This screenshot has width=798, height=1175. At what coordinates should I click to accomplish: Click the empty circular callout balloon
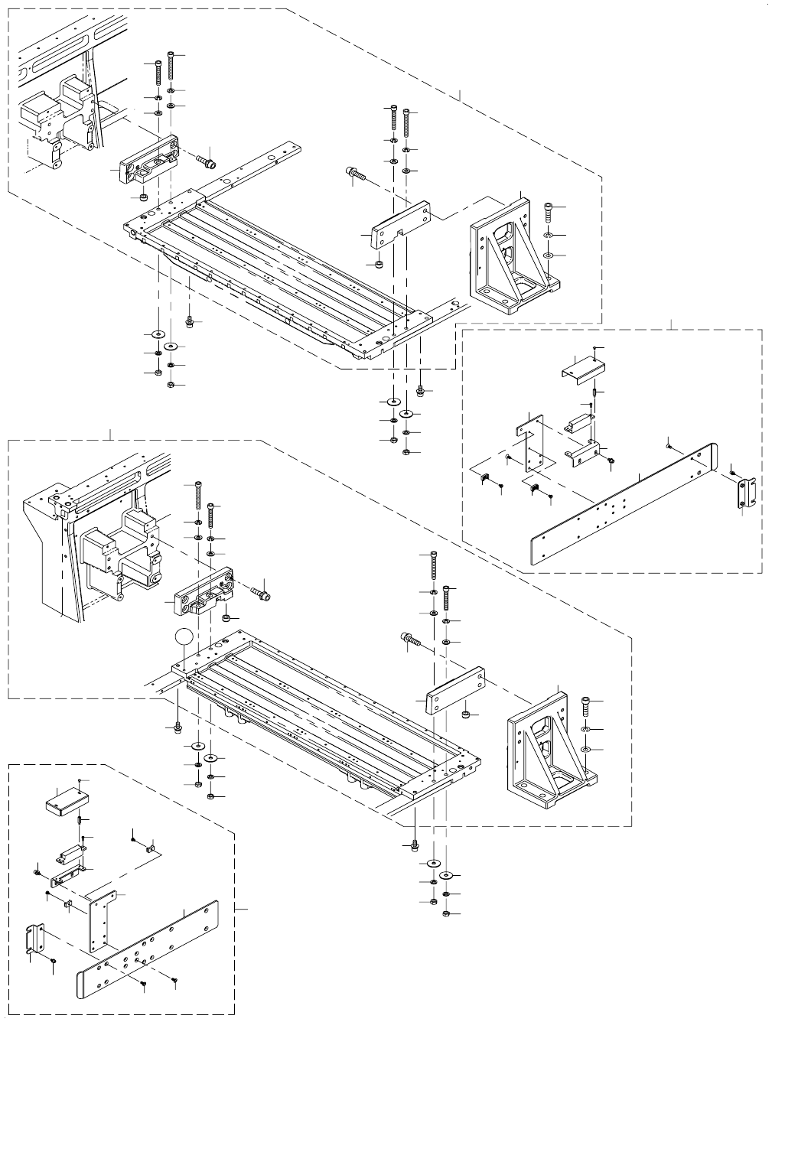coord(183,637)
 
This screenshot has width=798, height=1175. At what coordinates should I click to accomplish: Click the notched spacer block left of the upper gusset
coord(399,226)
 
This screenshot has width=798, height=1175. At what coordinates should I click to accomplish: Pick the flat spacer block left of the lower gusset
coord(453,692)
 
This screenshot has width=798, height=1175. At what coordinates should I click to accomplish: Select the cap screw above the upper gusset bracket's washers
coord(548,207)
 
